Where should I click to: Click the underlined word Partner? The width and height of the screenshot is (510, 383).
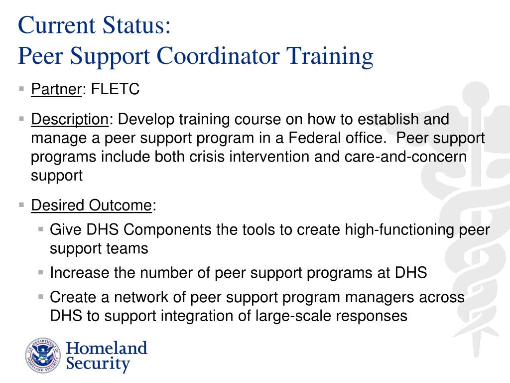coord(56,89)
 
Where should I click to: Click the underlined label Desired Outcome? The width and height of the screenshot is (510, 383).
coord(91,205)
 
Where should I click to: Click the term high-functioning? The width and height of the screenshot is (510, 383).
coord(395,230)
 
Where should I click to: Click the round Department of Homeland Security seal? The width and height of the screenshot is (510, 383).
coord(42,356)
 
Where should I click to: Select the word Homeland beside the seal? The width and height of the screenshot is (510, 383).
coord(107,348)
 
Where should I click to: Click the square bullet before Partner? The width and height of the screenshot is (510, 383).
coord(21,89)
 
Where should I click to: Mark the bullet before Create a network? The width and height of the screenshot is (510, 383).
coord(41,297)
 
